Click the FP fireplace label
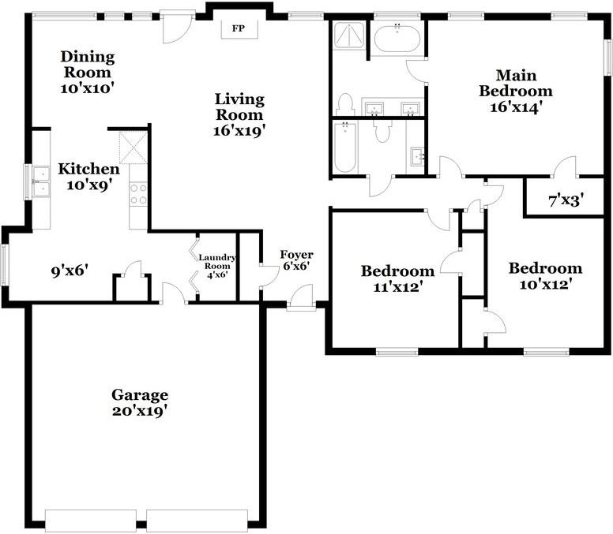click(x=237, y=29)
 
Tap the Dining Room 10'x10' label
click(x=88, y=73)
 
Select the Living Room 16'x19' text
click(x=239, y=115)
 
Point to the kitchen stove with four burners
click(x=139, y=194)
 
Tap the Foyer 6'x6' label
click(x=296, y=260)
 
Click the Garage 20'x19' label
click(x=139, y=402)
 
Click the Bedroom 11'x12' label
click(x=397, y=279)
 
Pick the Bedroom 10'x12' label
click(x=544, y=276)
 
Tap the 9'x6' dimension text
click(x=69, y=271)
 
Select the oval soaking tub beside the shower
click(x=397, y=39)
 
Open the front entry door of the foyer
click(x=301, y=301)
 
